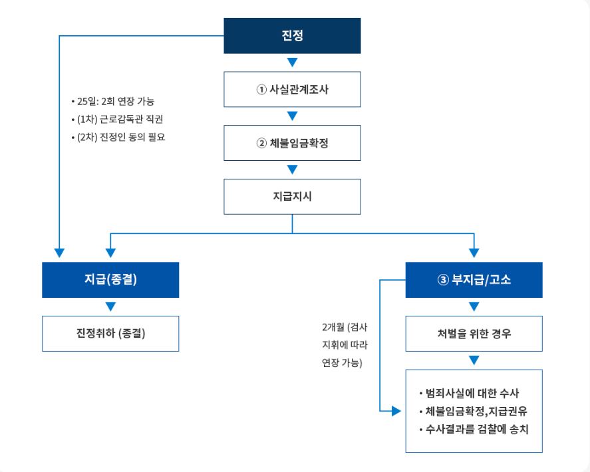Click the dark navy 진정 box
pos(292,36)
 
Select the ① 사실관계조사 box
pos(292,90)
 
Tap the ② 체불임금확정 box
pos(292,143)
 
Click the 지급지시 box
pos(292,197)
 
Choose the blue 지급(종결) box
pos(110,280)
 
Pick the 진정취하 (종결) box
pos(110,333)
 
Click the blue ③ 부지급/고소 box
pos(474,280)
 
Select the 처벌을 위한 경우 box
pos(474,333)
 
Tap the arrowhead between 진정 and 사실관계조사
pos(292,63)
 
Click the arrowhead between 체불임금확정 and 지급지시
pos(292,170)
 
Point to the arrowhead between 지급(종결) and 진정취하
pos(110,306)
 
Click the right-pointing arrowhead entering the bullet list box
pos(396,412)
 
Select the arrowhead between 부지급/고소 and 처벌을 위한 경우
pos(474,306)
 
